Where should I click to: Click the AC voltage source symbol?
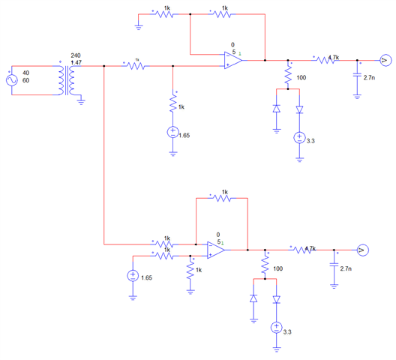click(x=12, y=79)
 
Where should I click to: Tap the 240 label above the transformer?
click(x=75, y=55)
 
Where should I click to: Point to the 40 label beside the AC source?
click(x=26, y=73)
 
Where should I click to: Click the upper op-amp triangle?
click(x=234, y=61)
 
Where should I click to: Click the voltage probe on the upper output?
click(x=383, y=60)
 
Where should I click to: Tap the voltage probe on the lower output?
click(x=362, y=249)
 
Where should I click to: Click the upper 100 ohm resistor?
click(x=287, y=75)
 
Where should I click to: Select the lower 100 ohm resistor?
click(x=265, y=265)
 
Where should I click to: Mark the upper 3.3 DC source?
click(x=299, y=138)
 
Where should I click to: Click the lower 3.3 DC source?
click(x=276, y=328)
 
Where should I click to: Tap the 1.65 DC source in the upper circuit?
click(x=173, y=133)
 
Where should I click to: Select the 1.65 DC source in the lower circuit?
click(x=133, y=275)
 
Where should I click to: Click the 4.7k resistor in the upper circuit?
click(x=324, y=60)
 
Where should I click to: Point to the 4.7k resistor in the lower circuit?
click(x=302, y=249)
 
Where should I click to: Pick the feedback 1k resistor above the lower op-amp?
click(x=221, y=198)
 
